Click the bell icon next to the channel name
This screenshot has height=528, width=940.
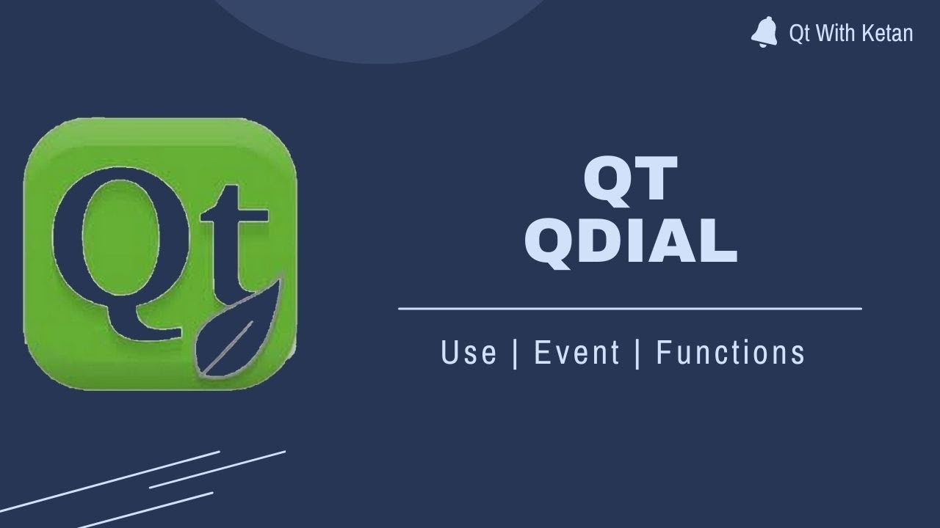[764, 33]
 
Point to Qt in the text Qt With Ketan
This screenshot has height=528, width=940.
[799, 33]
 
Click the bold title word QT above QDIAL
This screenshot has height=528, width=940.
[630, 181]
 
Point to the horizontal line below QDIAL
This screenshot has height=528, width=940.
[630, 309]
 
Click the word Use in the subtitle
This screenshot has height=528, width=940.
[469, 353]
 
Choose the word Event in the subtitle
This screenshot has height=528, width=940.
[576, 353]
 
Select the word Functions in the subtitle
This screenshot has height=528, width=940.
[731, 353]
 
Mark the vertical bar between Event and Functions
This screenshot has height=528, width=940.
[637, 353]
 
